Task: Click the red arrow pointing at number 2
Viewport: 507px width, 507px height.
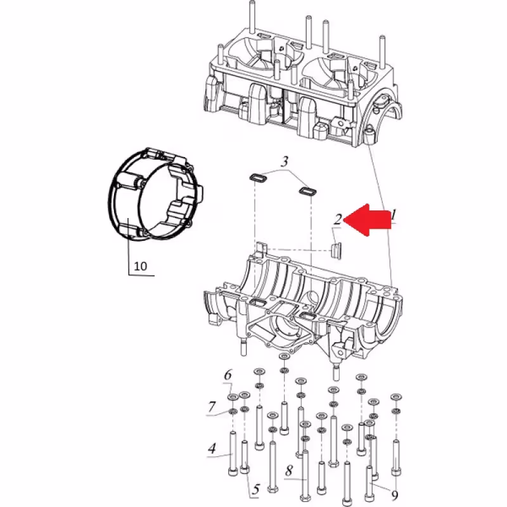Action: (x=371, y=219)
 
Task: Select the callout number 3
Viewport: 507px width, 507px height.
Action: (x=285, y=162)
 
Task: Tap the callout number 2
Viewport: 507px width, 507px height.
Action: (x=338, y=219)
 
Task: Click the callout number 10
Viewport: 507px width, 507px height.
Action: (x=141, y=266)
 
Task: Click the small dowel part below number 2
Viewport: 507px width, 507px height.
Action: (x=337, y=247)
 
